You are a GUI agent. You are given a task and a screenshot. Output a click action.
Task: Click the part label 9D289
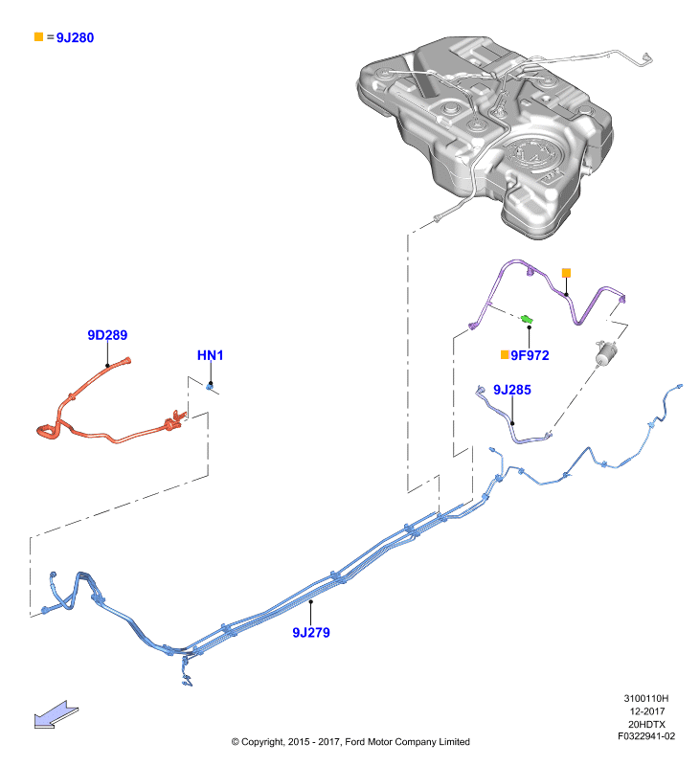tap(107, 335)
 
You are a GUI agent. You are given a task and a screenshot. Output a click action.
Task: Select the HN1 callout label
tap(210, 355)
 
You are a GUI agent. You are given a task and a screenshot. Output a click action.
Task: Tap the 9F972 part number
tap(530, 355)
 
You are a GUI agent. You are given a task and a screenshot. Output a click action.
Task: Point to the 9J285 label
tap(512, 390)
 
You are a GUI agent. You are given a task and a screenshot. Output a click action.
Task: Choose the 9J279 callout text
tap(311, 633)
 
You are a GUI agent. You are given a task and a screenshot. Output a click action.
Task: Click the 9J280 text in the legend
tap(75, 37)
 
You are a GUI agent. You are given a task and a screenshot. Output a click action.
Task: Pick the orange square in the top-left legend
tap(38, 36)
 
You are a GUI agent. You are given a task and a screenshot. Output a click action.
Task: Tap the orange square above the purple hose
tap(566, 273)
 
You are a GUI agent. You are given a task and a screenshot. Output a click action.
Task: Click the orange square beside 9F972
tap(505, 354)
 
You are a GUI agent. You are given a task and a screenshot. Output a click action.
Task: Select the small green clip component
tap(526, 320)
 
